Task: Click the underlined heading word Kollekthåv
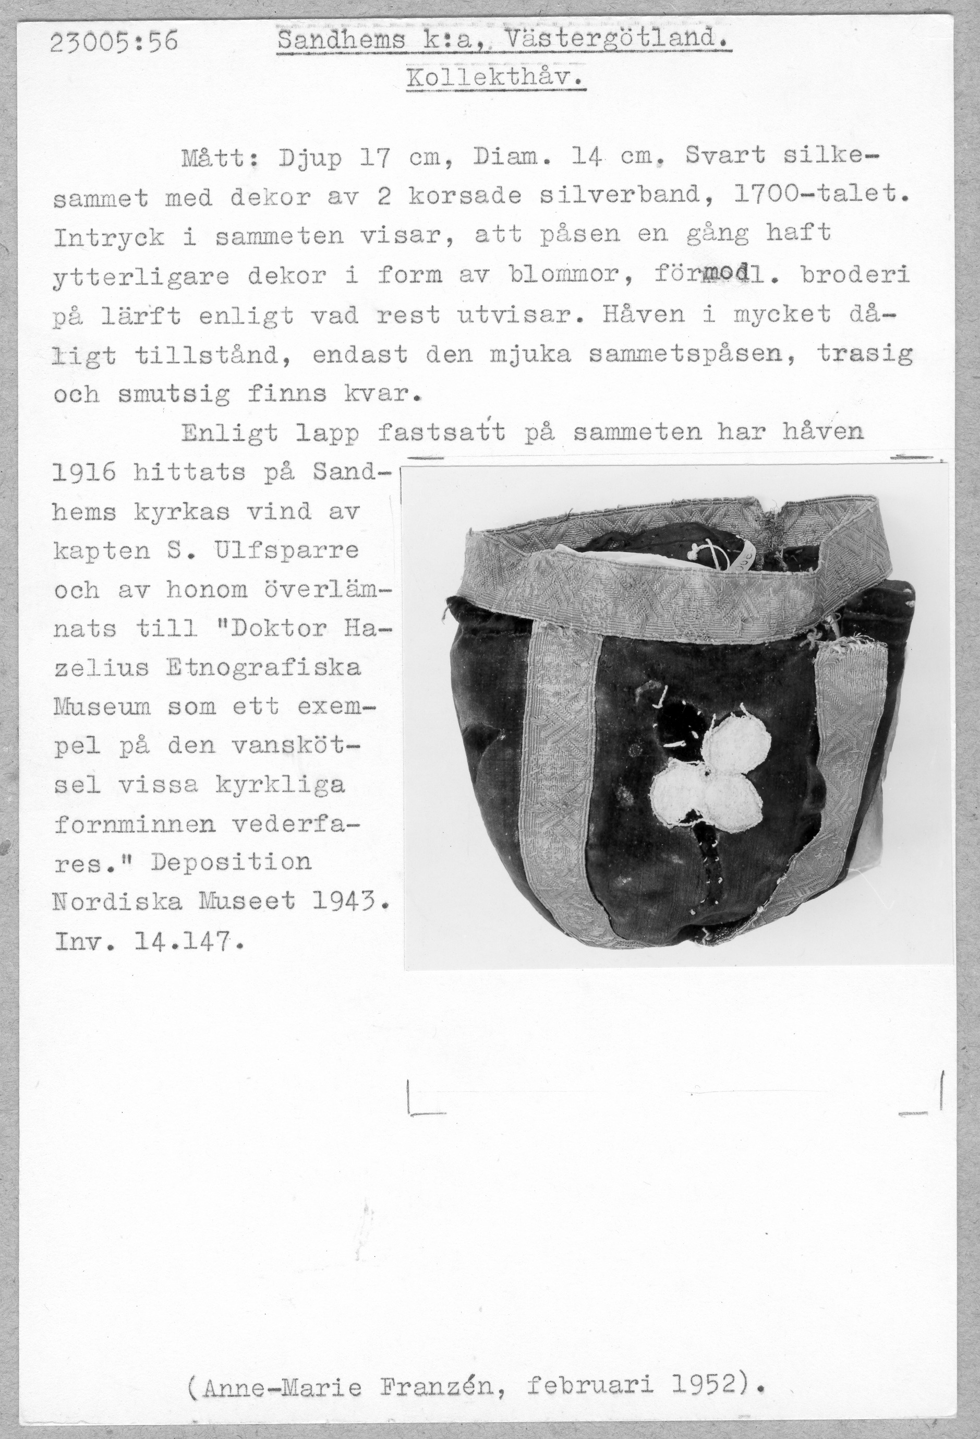pos(495,79)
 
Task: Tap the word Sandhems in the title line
pos(341,41)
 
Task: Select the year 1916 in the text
pos(84,474)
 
